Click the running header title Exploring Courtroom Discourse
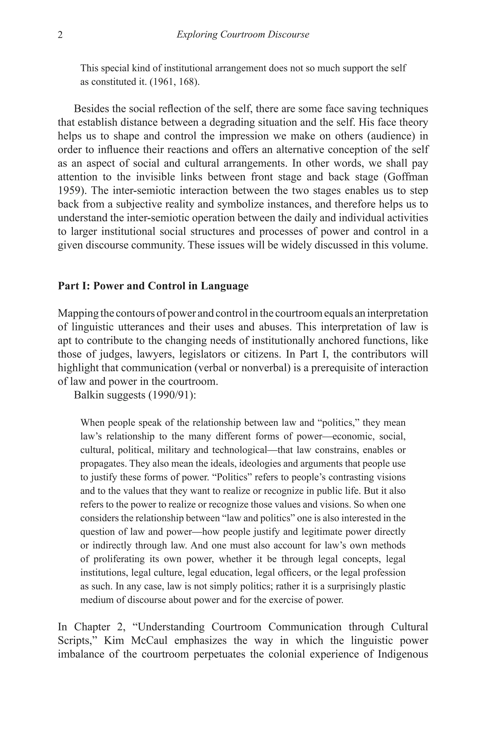243,34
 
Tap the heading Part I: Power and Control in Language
153,286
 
